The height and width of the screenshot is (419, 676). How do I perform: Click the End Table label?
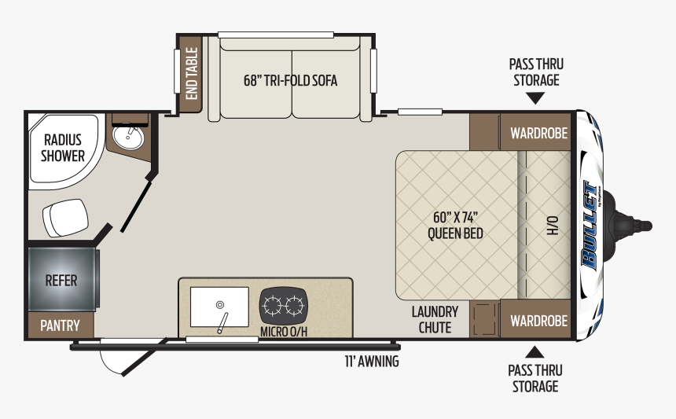click(192, 74)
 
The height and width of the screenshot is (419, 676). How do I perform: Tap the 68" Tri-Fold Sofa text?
click(290, 81)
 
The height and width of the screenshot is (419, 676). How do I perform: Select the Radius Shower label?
click(63, 148)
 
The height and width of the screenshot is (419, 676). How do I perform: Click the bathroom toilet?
click(65, 217)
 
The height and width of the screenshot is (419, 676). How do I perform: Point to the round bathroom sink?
click(127, 135)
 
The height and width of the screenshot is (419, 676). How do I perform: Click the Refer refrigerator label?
click(61, 281)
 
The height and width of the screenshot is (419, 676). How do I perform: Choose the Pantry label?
click(60, 325)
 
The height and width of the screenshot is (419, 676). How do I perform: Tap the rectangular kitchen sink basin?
click(219, 307)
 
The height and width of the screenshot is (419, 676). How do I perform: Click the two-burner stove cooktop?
click(283, 306)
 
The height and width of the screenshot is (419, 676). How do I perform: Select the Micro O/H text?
click(284, 332)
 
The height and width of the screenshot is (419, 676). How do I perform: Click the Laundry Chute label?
click(435, 319)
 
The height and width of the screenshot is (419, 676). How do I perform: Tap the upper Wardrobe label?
click(539, 133)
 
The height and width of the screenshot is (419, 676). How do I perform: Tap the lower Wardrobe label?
click(539, 322)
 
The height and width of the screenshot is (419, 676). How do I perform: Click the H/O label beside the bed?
click(553, 226)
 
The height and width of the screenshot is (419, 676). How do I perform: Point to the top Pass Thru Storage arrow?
click(536, 98)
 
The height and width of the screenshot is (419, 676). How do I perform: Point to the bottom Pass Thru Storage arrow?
click(535, 352)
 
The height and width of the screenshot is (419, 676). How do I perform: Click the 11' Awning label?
click(372, 362)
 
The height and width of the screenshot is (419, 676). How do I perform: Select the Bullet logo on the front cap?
click(590, 225)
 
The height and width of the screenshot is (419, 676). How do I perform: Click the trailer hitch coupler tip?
click(647, 226)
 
